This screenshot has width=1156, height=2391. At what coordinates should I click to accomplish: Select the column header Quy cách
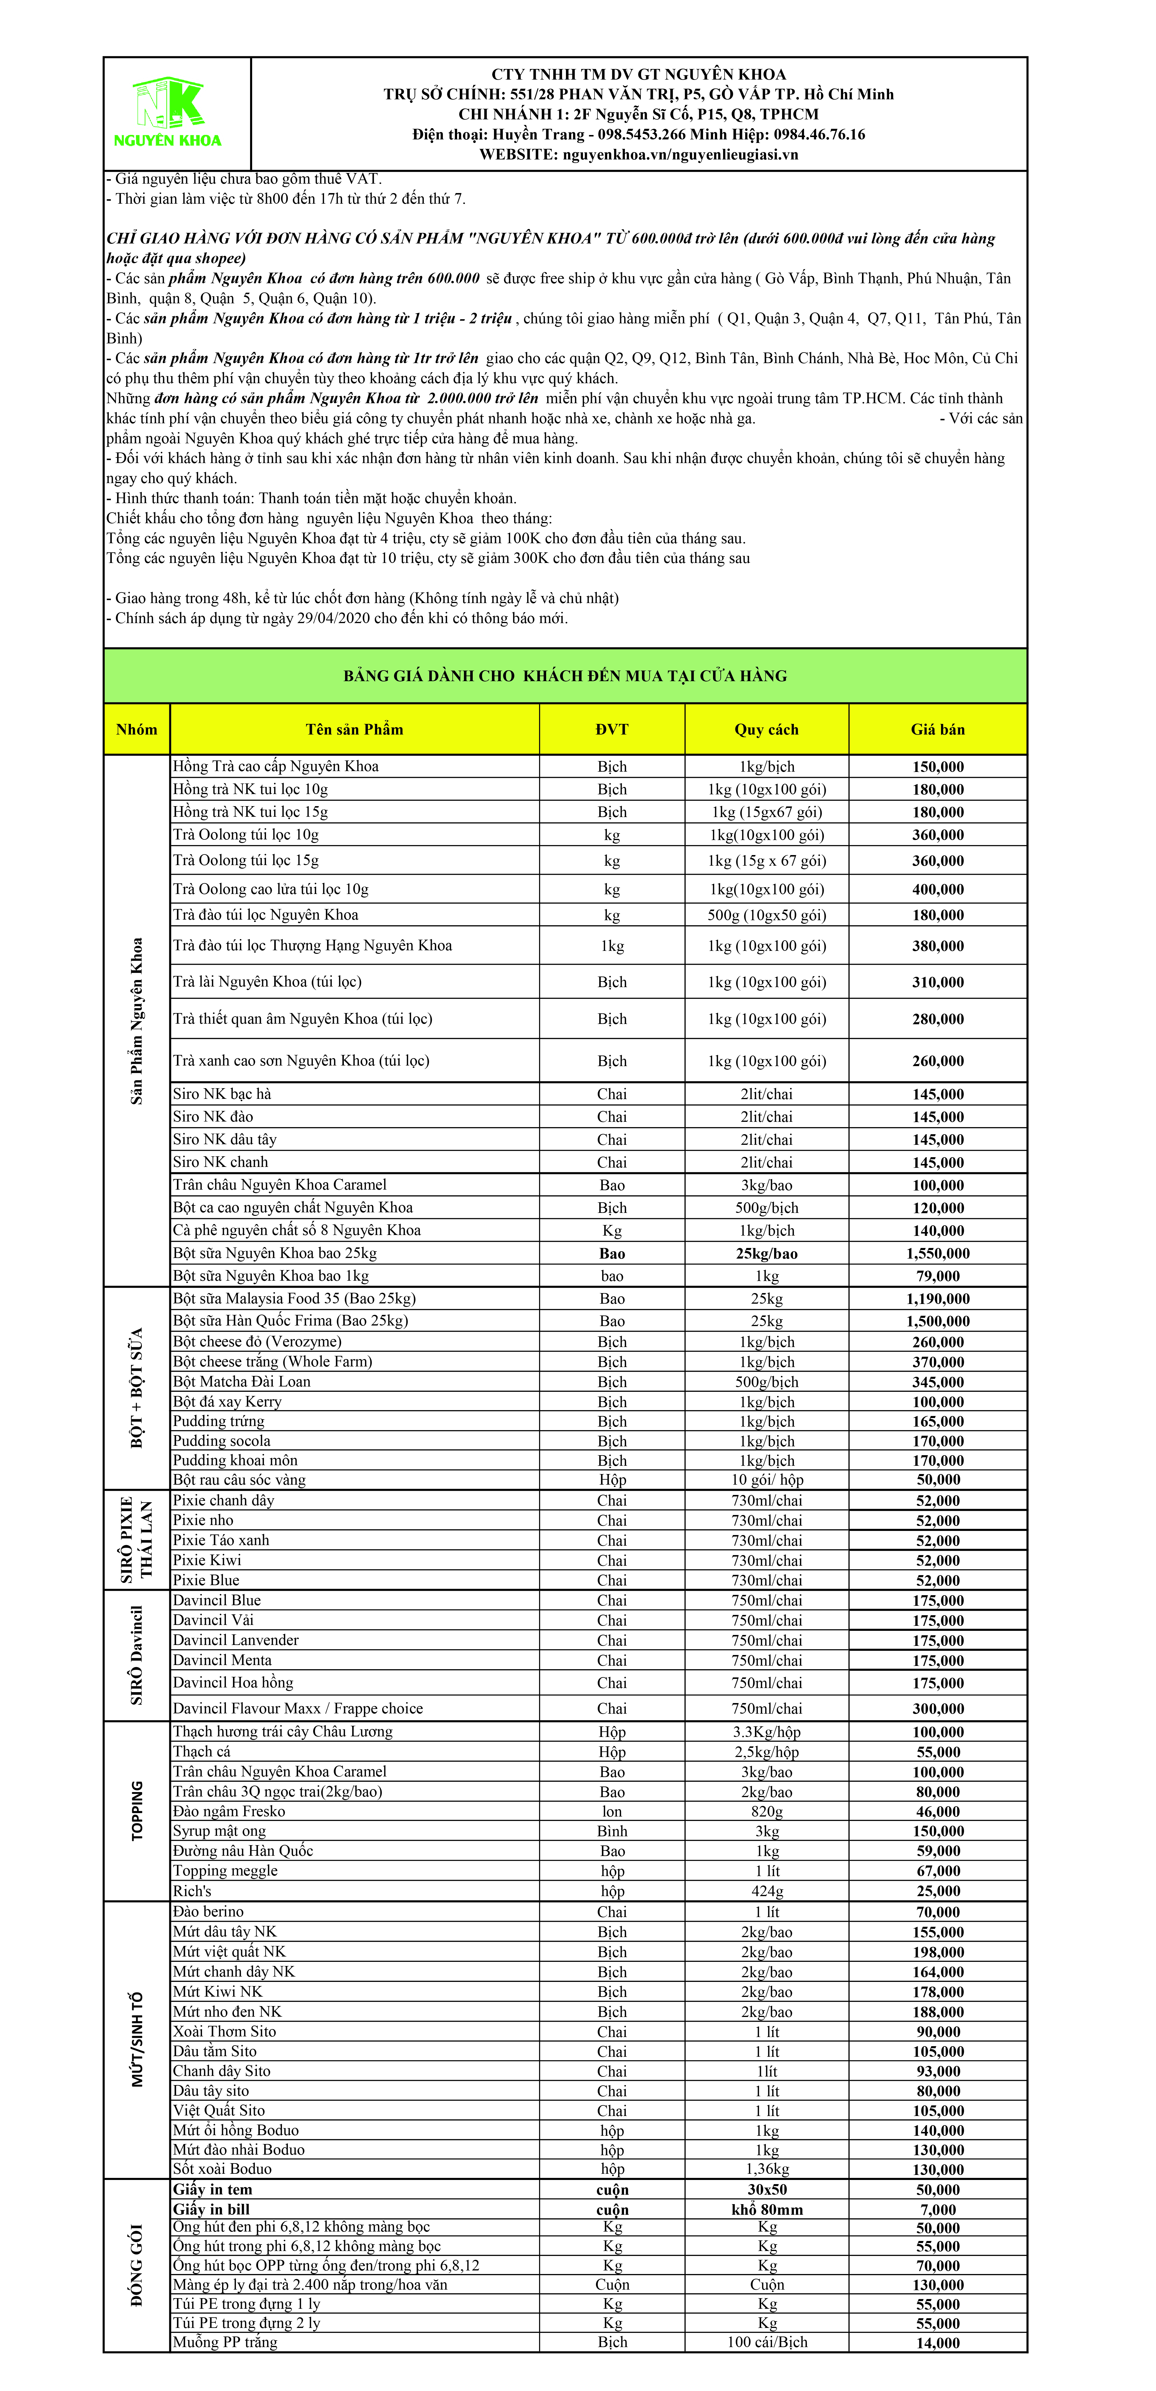tap(766, 730)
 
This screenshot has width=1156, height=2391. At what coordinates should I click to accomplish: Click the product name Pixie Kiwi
tap(207, 1560)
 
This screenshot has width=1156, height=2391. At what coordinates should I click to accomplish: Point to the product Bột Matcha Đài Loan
tap(242, 1381)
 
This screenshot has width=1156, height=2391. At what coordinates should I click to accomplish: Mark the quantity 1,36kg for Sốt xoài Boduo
tap(766, 2169)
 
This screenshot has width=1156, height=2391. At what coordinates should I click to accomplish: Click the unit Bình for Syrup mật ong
tap(612, 1831)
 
